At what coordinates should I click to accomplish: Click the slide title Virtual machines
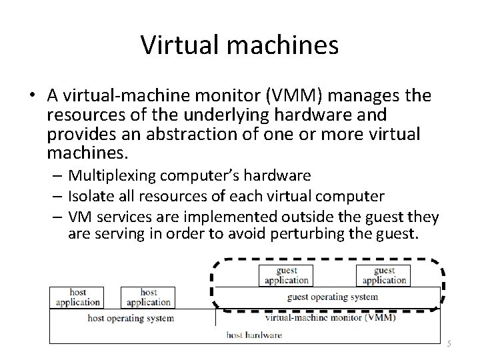pyautogui.click(x=239, y=45)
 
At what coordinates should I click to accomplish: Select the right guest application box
pyautogui.click(x=384, y=275)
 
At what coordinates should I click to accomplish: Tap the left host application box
pyautogui.click(x=78, y=297)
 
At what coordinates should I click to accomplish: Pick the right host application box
pyautogui.click(x=149, y=297)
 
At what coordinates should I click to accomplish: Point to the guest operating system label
pyautogui.click(x=332, y=297)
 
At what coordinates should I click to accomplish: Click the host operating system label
pyautogui.click(x=131, y=318)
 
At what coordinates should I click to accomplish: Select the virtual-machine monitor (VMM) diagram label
pyautogui.click(x=329, y=318)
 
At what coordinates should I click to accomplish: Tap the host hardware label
pyautogui.click(x=254, y=335)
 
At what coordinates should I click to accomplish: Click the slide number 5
pyautogui.click(x=449, y=343)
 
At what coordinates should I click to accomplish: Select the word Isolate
pyautogui.click(x=90, y=196)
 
